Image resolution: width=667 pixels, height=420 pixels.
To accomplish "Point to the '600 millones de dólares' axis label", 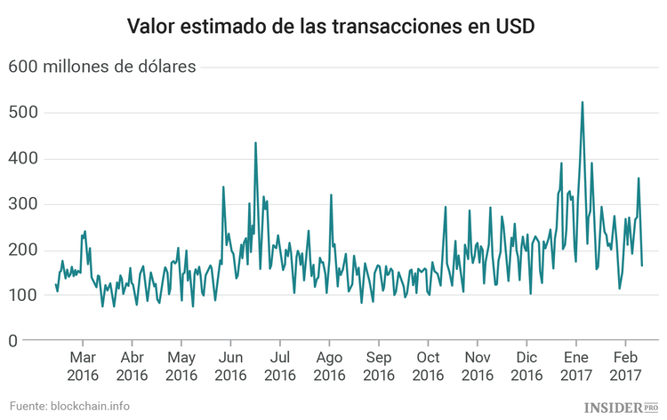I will (x=102, y=67).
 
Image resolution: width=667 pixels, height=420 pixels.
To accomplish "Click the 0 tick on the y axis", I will (x=13, y=341).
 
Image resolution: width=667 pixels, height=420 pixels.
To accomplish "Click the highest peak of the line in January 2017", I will (x=582, y=103).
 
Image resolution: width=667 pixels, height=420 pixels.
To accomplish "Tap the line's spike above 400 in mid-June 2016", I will (x=255, y=143).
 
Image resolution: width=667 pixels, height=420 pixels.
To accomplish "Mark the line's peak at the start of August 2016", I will (x=331, y=195).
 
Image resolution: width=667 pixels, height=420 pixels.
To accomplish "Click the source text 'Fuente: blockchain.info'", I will (x=70, y=406).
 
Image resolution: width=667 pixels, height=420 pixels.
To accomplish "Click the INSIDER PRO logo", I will (x=619, y=407).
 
